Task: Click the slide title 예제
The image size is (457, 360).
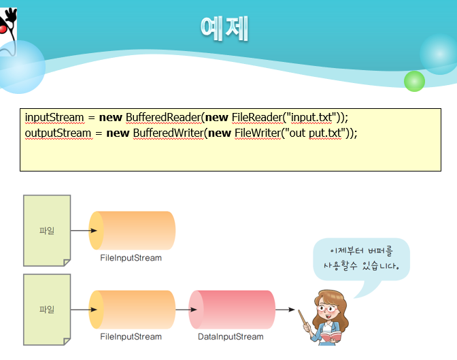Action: click(224, 29)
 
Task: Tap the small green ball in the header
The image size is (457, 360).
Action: click(414, 81)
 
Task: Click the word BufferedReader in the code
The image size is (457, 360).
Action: click(163, 117)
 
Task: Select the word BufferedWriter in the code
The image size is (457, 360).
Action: click(168, 133)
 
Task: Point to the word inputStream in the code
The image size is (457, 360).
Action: click(54, 118)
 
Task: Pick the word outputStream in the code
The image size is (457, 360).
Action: click(58, 133)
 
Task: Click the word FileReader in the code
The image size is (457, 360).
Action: click(257, 117)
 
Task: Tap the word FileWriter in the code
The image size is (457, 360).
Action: click(258, 133)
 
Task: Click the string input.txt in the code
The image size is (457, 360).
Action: click(311, 118)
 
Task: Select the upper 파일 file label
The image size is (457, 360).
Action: click(47, 231)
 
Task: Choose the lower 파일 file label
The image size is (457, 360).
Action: click(47, 310)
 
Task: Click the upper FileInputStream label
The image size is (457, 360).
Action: click(131, 258)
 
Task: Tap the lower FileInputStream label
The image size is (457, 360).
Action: click(131, 337)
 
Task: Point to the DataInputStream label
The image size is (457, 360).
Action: click(231, 337)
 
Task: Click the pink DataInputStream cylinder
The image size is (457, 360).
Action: click(232, 310)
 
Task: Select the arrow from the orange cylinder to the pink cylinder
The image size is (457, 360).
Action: click(186, 310)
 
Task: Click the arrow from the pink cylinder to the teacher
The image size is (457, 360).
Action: click(285, 310)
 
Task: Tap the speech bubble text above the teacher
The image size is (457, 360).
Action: click(361, 259)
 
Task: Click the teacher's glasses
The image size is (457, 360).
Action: click(328, 308)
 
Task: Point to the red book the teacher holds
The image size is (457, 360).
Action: click(331, 336)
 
